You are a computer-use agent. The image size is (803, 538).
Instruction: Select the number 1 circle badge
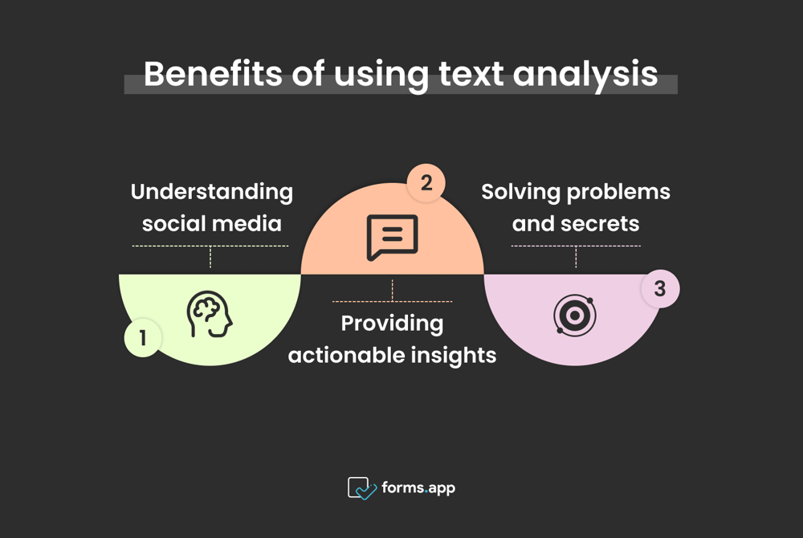point(143,337)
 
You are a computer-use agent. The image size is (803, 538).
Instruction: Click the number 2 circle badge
point(426,183)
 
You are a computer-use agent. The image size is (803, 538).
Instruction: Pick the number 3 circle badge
point(660,289)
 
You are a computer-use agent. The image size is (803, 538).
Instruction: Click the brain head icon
point(210,314)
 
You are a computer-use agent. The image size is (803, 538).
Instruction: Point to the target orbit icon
point(575,316)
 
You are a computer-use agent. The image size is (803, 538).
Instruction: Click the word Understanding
point(212,192)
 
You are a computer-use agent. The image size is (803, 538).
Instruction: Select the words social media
point(212,223)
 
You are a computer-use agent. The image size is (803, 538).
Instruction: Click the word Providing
point(392,323)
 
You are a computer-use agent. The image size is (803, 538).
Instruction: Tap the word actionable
point(344,355)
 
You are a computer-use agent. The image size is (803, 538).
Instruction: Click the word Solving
point(520,192)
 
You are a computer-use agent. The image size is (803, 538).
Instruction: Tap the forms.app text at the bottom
point(418,487)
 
